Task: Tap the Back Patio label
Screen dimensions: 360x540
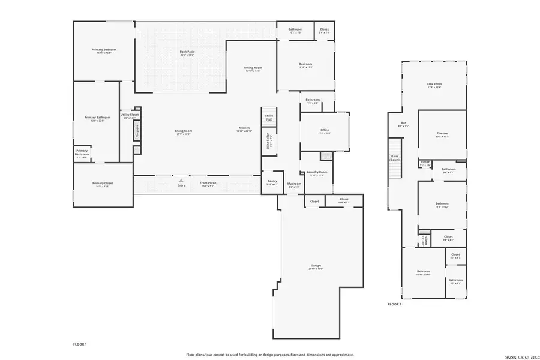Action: (x=187, y=52)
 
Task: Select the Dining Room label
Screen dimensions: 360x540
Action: (x=253, y=68)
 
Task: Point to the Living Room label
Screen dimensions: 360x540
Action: (x=183, y=131)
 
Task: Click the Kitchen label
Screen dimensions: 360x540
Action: (x=244, y=128)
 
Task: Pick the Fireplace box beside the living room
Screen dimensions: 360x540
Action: (x=137, y=131)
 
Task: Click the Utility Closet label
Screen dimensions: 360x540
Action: (x=129, y=115)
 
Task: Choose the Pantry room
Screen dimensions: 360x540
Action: (x=272, y=182)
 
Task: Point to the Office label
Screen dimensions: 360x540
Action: (x=325, y=130)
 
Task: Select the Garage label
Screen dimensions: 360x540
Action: (x=316, y=266)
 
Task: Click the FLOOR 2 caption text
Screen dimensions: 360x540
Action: (x=394, y=305)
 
